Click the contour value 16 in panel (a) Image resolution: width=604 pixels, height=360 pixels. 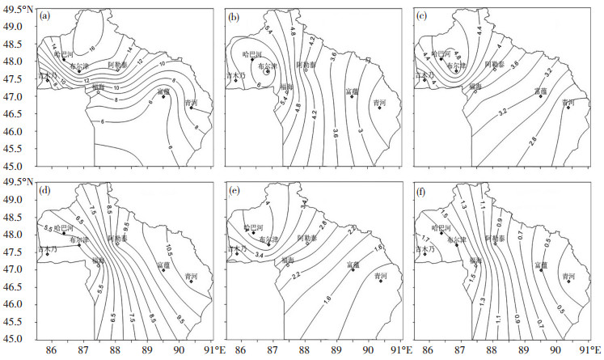[x=92, y=35]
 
